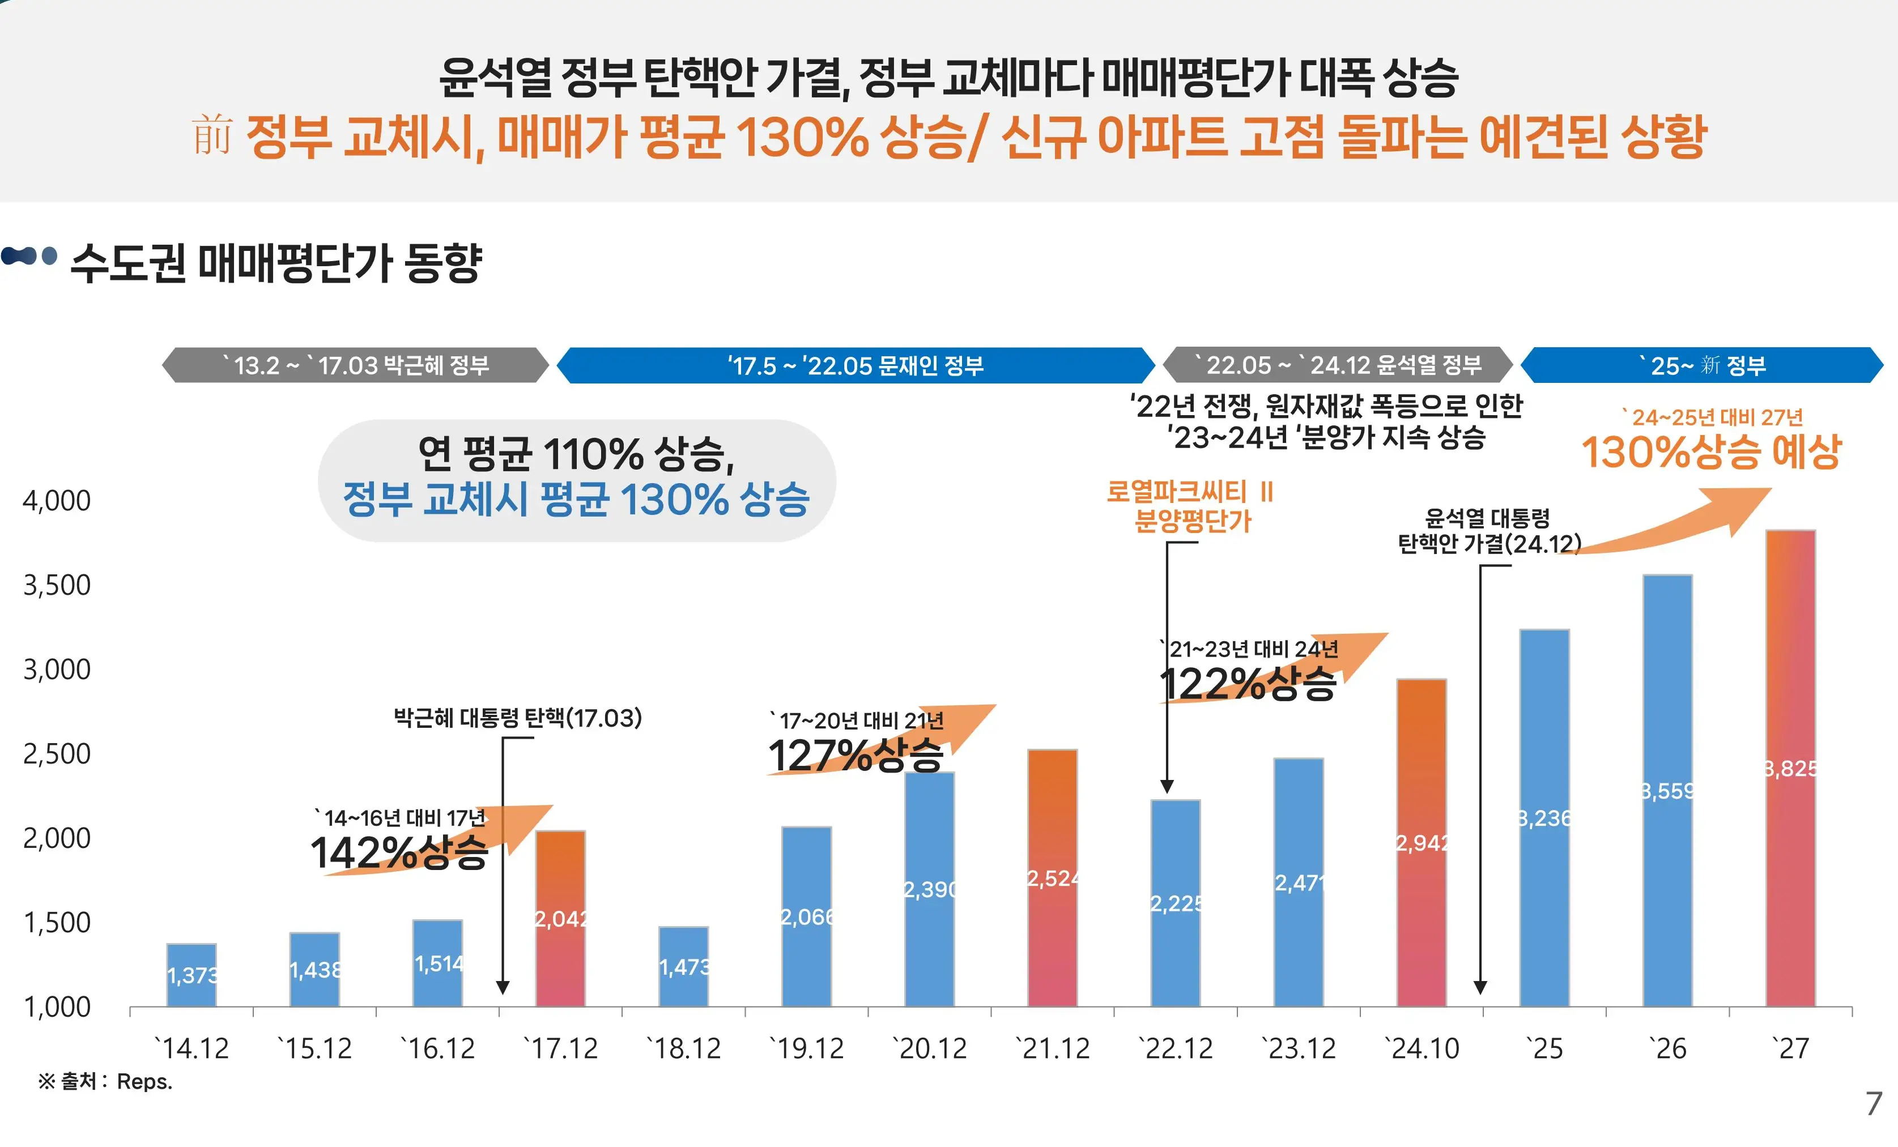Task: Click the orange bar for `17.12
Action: [560, 916]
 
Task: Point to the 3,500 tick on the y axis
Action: [57, 586]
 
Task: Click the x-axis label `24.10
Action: [1422, 1048]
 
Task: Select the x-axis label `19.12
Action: [806, 1048]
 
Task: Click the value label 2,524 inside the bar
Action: [1052, 878]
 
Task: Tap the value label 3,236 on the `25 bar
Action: [1544, 818]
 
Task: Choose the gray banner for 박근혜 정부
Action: [355, 365]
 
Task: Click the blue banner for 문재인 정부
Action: [855, 365]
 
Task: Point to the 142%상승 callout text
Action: [399, 852]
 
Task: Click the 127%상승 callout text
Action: [855, 755]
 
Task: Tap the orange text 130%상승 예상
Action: [1710, 451]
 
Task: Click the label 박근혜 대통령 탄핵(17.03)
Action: [518, 718]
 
